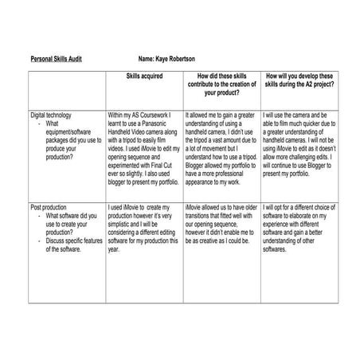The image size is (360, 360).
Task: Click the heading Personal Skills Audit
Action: pyautogui.click(x=56, y=59)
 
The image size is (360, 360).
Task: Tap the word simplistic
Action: pyautogui.click(x=121, y=230)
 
